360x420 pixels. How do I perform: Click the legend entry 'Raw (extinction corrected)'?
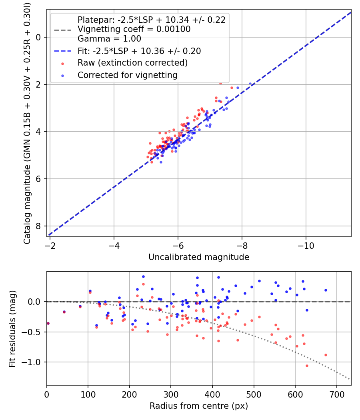click(132, 63)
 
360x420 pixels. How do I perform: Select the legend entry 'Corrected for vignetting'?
click(127, 75)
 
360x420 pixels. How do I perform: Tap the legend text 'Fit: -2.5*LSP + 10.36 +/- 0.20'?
click(139, 51)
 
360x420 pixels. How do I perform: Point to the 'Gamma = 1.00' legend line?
click(109, 39)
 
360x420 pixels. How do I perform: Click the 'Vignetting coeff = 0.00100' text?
click(134, 29)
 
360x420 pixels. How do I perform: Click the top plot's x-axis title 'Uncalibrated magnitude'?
click(199, 257)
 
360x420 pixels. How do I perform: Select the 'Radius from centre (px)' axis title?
click(199, 406)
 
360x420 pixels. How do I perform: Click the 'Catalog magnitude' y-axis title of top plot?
click(27, 122)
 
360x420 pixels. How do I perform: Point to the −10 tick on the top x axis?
click(306, 244)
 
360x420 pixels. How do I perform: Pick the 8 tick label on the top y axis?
click(39, 226)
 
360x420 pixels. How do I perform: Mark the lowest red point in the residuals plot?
click(307, 366)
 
